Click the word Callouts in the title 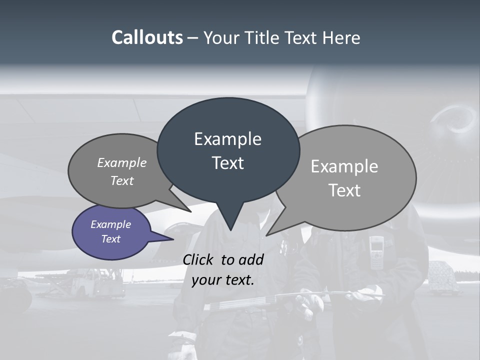pos(147,37)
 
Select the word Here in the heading pos(341,37)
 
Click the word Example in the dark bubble pos(227,139)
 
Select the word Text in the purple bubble pos(111,239)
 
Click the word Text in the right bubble pos(345,190)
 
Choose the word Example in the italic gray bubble pos(122,162)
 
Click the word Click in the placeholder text pos(199,259)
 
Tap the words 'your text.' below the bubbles pos(223,280)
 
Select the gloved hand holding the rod pos(306,302)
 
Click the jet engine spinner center pos(458,122)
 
